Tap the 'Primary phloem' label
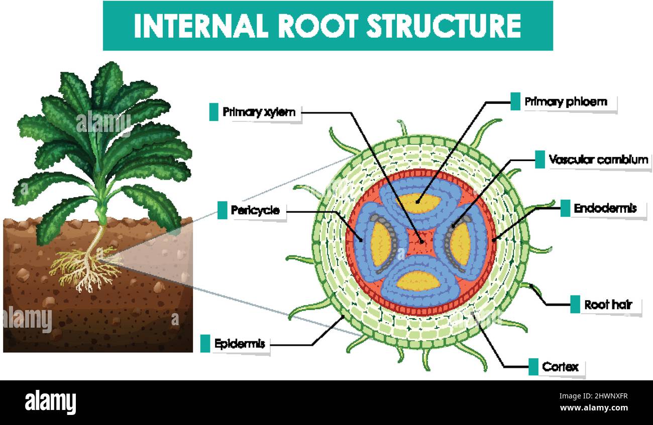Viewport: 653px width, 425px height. (x=566, y=102)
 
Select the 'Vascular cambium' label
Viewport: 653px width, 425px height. (x=598, y=160)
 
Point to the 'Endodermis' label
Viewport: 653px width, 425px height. (x=605, y=208)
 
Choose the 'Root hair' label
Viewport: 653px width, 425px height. (x=608, y=305)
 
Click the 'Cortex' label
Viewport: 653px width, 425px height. (x=560, y=367)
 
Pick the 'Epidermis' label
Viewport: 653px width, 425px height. (x=239, y=344)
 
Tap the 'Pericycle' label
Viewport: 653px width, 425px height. (x=255, y=210)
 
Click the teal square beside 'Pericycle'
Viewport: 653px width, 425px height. (x=222, y=210)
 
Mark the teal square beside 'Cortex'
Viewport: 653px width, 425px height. (x=533, y=367)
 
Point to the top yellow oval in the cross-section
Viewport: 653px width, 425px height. (x=419, y=203)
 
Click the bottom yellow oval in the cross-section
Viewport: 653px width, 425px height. (x=418, y=280)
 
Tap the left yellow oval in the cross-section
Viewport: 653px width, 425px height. (x=380, y=243)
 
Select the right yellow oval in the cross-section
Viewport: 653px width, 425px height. (x=460, y=243)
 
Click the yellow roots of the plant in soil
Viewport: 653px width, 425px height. (x=88, y=268)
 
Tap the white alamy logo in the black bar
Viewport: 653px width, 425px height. (x=50, y=402)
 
